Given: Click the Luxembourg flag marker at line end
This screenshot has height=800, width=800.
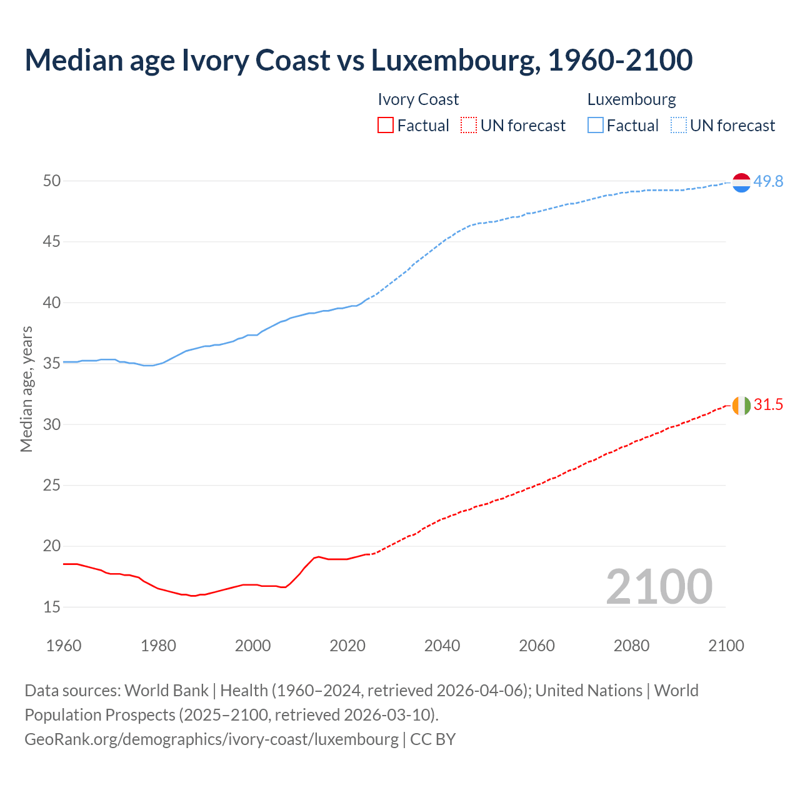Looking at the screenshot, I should (741, 182).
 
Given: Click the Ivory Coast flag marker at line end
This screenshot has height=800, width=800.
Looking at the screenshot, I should (741, 405).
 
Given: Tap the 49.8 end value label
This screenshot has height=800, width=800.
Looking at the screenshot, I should (768, 181).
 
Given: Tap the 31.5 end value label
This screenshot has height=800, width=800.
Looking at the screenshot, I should (768, 405).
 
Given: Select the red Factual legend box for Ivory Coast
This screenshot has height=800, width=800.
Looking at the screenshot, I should (386, 126).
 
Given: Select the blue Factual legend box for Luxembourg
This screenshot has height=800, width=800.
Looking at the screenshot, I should (596, 126).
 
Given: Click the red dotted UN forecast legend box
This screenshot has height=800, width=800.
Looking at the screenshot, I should (469, 126).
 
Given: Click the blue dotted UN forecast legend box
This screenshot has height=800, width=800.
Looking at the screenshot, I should (678, 126).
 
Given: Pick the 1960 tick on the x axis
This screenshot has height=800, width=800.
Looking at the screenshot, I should (64, 646).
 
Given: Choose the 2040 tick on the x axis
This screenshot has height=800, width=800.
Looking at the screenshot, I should (442, 646).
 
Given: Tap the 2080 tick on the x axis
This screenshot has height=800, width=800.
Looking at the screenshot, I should (631, 646).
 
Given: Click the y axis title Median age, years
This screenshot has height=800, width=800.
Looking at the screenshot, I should (26, 389).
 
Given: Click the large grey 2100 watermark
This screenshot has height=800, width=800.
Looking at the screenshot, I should (659, 586).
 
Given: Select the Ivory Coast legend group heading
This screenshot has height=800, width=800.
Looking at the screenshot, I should (418, 99).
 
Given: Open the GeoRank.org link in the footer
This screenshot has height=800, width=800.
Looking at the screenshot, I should (211, 739).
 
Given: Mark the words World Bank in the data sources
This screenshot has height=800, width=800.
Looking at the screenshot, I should (166, 691).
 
